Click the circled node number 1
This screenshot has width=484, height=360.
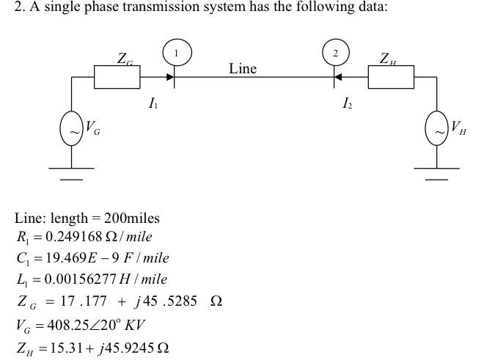pos(176,52)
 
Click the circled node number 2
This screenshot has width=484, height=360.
pos(336,53)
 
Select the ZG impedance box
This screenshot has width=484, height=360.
pos(117,76)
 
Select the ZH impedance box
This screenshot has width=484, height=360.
pos(390,76)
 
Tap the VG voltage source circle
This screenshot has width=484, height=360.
pos(71,131)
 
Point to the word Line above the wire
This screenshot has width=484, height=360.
pos(242,69)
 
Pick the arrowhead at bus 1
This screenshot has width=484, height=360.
pos(169,76)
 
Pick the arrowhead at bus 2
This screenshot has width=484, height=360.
pos(338,76)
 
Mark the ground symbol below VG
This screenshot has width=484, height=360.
pos(71,173)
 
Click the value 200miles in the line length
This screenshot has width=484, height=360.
pos(131,218)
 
